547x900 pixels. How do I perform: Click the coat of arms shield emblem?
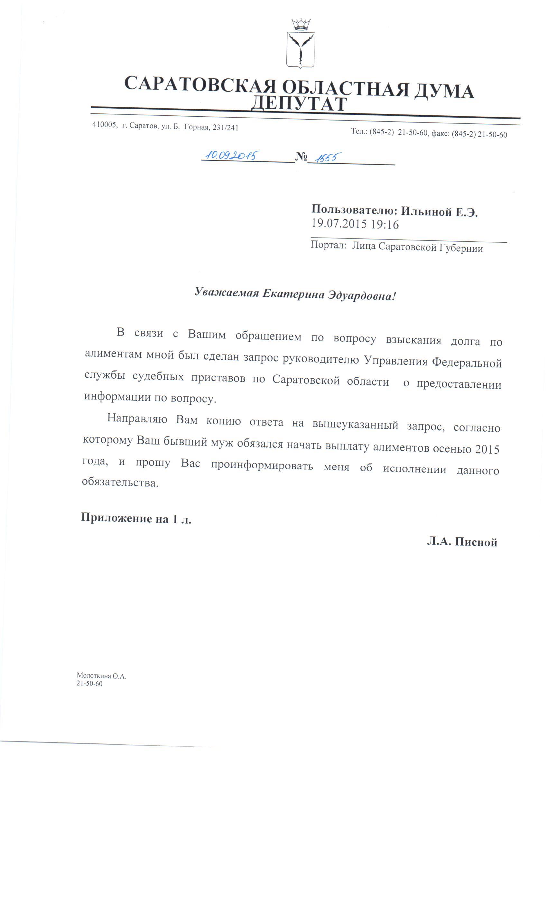click(300, 50)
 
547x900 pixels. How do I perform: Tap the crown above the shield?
click(301, 24)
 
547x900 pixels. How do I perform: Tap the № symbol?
click(301, 157)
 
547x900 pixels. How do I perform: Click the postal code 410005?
click(104, 125)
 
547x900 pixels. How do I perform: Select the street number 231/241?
click(225, 128)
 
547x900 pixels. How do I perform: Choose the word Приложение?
click(116, 518)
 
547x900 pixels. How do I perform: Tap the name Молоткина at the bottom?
click(93, 676)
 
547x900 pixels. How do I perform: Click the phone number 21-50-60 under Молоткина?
click(89, 683)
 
